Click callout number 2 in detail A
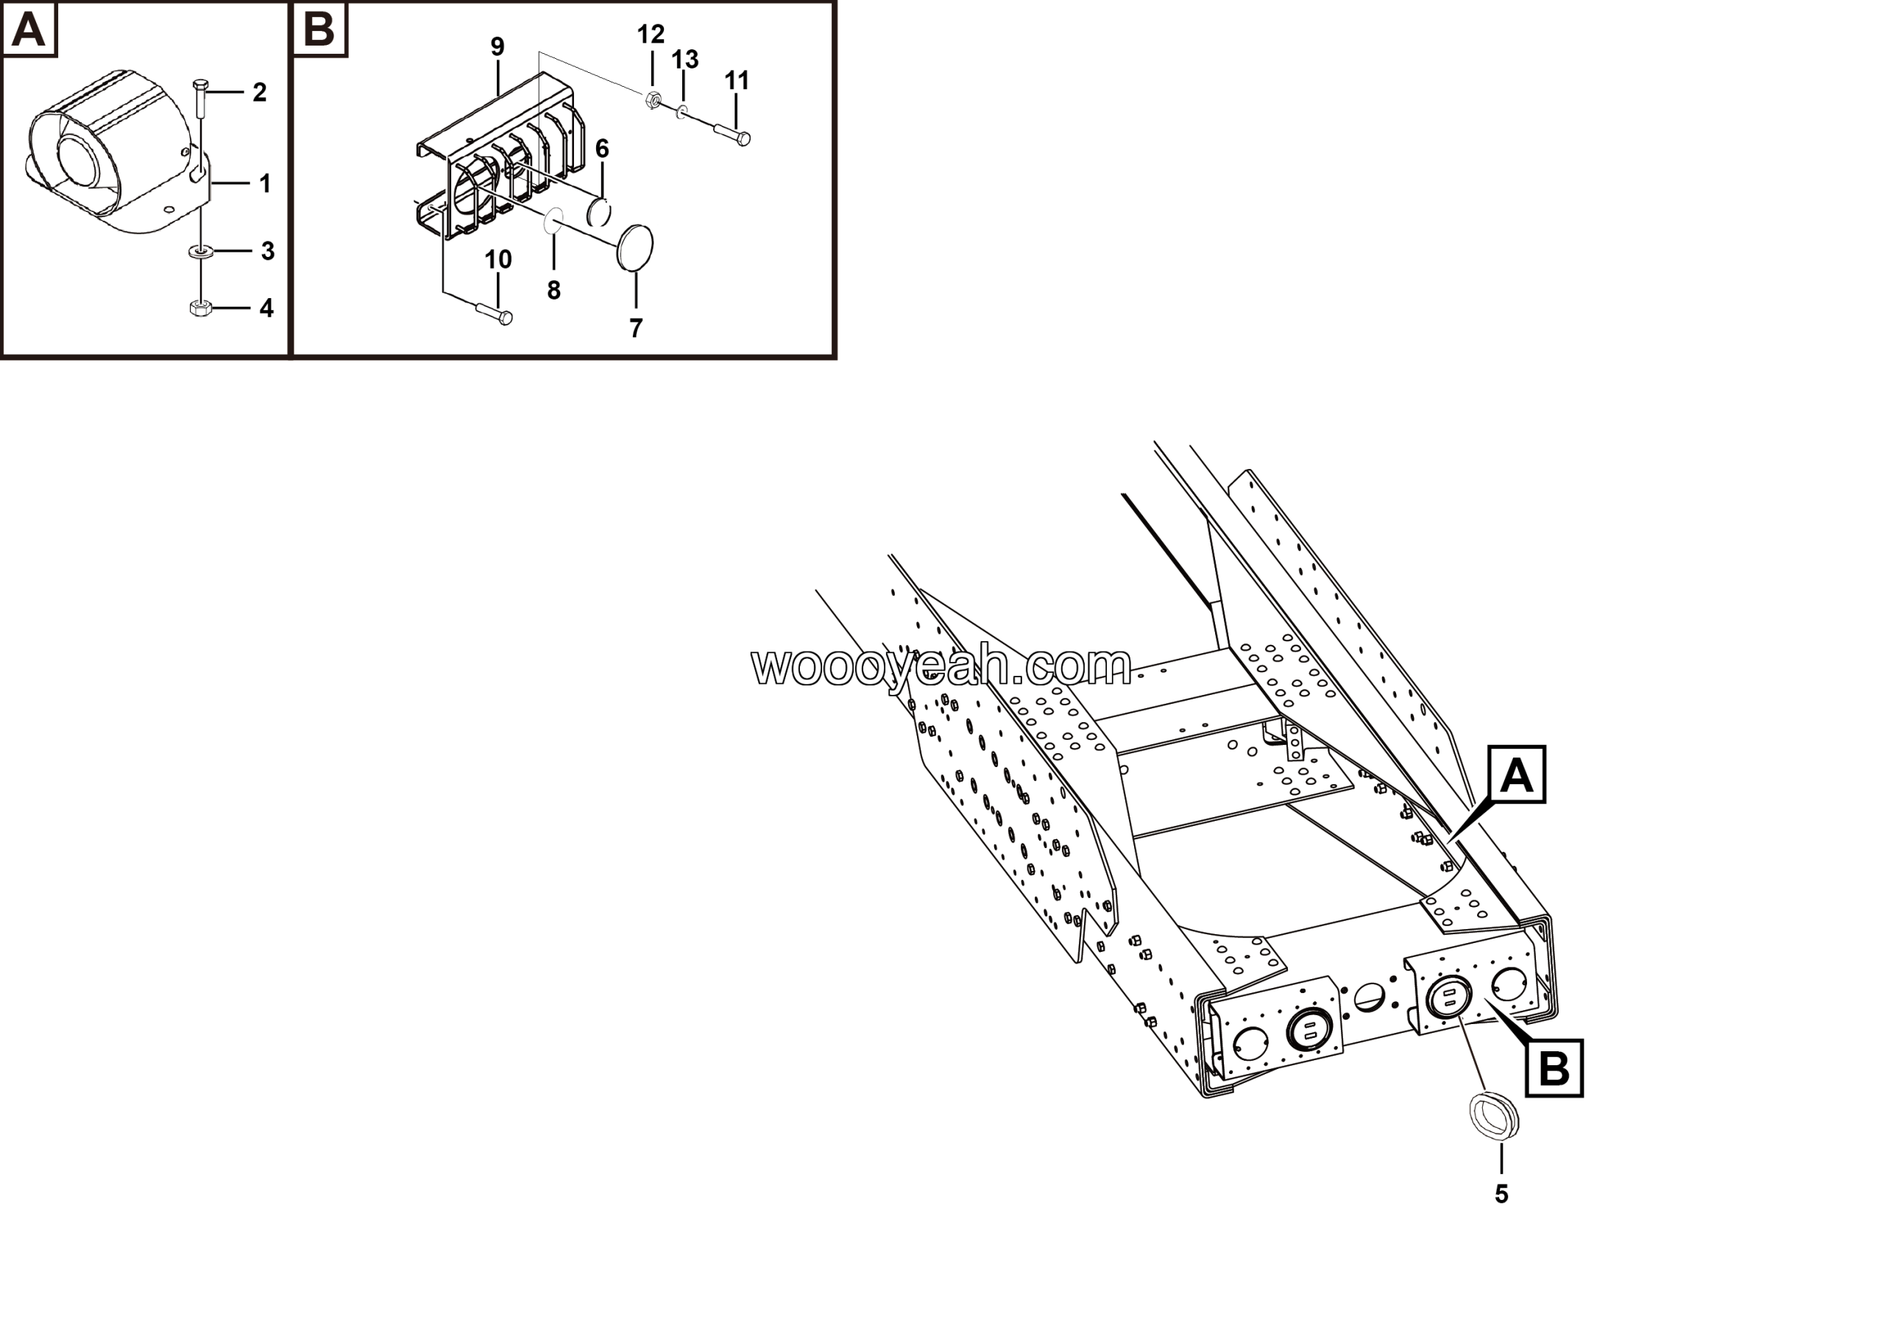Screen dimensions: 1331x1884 click(x=259, y=93)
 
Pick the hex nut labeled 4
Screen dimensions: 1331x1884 click(x=200, y=308)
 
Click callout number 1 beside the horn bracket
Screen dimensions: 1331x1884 click(x=264, y=184)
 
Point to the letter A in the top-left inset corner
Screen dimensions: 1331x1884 click(x=29, y=30)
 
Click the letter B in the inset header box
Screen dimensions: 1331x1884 click(x=320, y=30)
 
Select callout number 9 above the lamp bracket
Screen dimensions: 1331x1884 click(x=497, y=47)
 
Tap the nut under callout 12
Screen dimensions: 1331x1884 click(x=654, y=100)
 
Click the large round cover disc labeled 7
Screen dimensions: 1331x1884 click(x=635, y=247)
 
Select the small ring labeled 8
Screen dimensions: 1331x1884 click(x=554, y=220)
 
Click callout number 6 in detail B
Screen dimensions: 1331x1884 click(x=602, y=149)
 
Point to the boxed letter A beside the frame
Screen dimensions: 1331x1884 click(x=1516, y=774)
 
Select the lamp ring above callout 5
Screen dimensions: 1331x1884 click(x=1493, y=1117)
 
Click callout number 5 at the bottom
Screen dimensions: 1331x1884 click(x=1501, y=1195)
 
